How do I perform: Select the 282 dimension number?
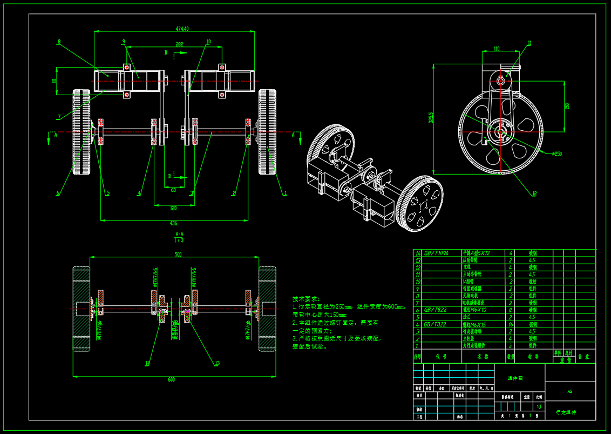179,44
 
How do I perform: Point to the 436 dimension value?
173,223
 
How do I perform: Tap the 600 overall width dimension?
171,379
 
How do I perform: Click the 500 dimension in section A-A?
178,255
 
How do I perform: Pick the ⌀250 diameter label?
556,154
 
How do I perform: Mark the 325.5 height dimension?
430,117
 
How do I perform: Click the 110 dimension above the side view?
497,49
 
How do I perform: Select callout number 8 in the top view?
59,42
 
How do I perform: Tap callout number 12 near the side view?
534,193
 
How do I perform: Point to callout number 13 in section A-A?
217,363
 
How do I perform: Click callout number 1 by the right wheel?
285,192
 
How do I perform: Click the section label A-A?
179,234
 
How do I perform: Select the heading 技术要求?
306,299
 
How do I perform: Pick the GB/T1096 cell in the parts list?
436,253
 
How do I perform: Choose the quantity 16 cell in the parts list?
510,324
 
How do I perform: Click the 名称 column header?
483,357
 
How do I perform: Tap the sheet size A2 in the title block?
569,391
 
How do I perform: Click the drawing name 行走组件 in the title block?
566,412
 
